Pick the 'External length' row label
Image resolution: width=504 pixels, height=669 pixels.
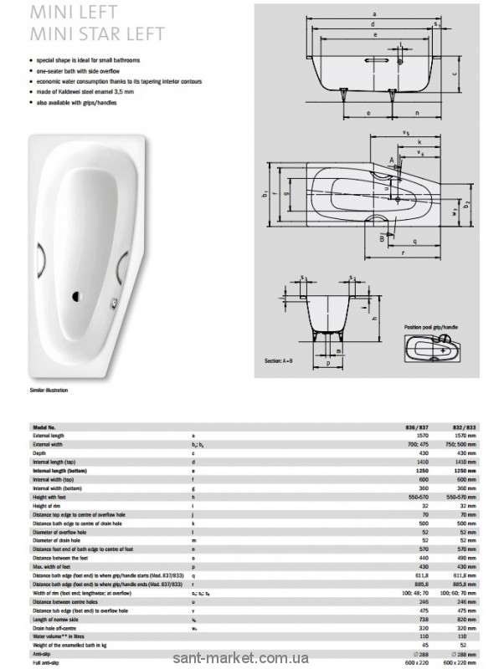(x=48, y=436)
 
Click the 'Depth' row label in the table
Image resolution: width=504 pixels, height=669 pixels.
(x=39, y=453)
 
